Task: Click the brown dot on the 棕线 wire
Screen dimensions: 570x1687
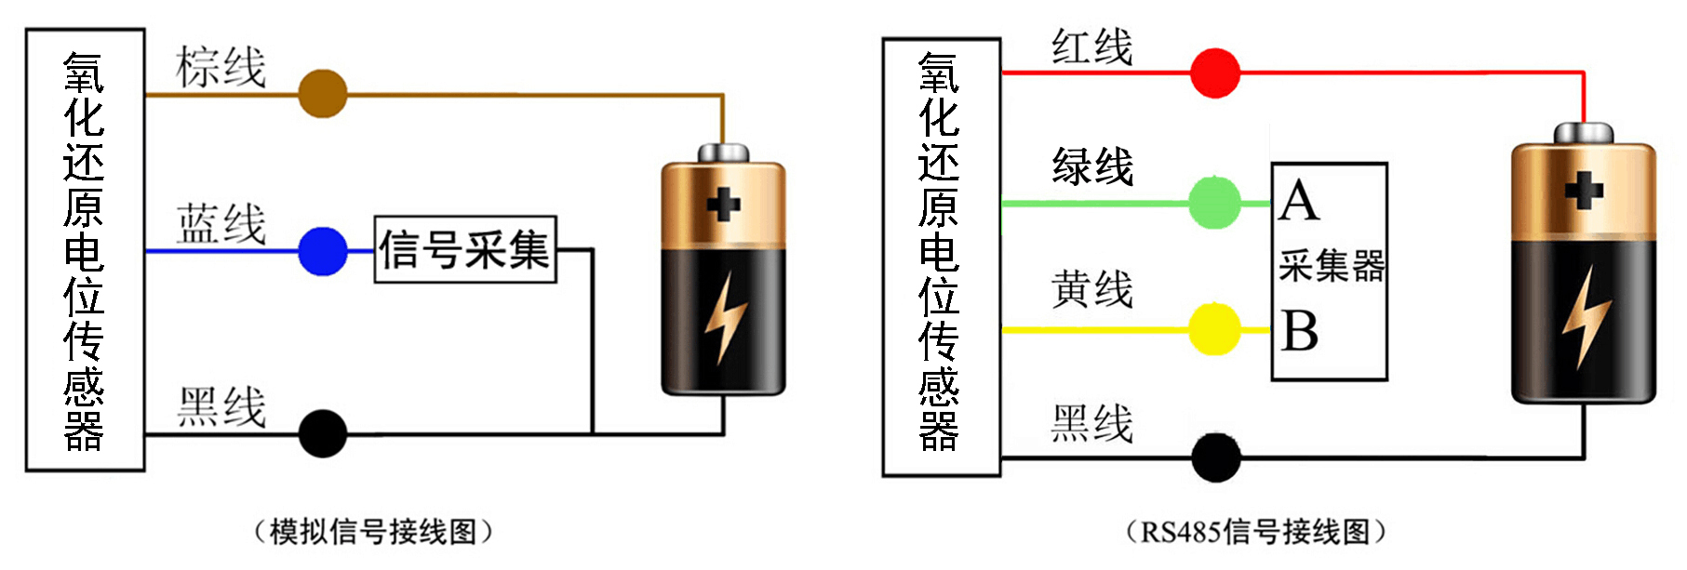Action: click(x=323, y=94)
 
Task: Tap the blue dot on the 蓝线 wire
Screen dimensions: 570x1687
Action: click(x=323, y=251)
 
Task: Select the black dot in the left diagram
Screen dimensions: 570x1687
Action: click(x=323, y=433)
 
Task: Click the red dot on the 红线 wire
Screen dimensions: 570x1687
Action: click(x=1215, y=73)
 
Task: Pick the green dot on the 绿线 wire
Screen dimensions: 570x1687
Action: click(x=1215, y=203)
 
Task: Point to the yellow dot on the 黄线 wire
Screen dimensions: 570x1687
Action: click(x=1215, y=329)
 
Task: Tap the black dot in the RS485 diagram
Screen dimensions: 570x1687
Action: click(x=1215, y=457)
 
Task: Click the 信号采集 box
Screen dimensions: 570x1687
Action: click(x=465, y=249)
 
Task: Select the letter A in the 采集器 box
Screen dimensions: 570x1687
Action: click(x=1299, y=201)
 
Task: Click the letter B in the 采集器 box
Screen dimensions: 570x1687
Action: click(x=1299, y=331)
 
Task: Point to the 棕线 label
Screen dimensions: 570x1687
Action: click(x=221, y=67)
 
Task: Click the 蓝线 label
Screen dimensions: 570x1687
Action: click(x=221, y=224)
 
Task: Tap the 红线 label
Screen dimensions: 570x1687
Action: click(x=1092, y=46)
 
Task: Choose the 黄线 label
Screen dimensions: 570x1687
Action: click(x=1092, y=289)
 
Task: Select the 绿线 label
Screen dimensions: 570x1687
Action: click(x=1092, y=166)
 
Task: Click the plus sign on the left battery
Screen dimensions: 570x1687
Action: click(x=724, y=204)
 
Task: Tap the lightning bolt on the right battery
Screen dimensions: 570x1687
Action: click(x=1585, y=317)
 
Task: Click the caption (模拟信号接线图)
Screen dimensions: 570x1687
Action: click(x=372, y=532)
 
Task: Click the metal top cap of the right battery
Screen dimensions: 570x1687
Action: click(x=1584, y=133)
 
